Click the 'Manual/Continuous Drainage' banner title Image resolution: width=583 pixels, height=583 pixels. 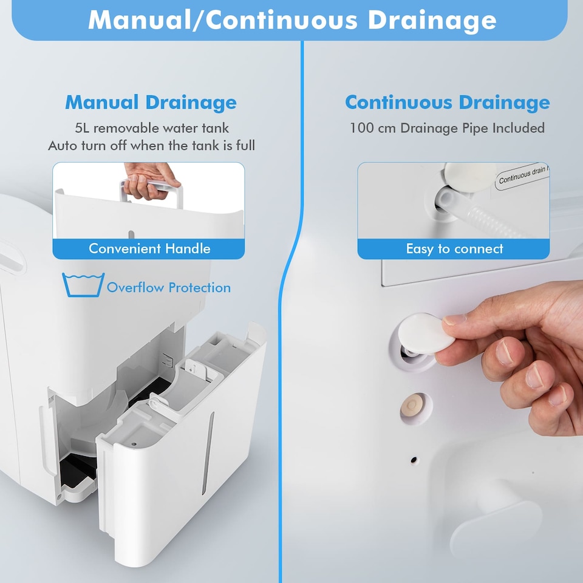click(292, 19)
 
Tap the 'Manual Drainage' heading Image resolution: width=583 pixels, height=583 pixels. click(151, 103)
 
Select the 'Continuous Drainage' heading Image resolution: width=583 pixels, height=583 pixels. click(448, 103)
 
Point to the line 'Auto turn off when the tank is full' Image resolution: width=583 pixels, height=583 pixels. click(151, 145)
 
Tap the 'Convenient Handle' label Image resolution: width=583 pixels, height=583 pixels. click(149, 248)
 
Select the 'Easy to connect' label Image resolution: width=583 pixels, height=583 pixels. click(454, 248)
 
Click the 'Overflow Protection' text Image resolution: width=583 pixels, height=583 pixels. click(169, 287)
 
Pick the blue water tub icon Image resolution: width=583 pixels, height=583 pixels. click(83, 285)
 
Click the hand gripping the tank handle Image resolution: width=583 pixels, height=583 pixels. click(151, 180)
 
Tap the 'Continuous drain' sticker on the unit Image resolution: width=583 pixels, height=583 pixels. click(522, 177)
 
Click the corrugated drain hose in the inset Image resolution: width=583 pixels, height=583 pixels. click(483, 213)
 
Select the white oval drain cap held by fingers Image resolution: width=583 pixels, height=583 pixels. click(426, 333)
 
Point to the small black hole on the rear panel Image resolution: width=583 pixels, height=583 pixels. click(414, 460)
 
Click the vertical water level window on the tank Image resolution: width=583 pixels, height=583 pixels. click(208, 453)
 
